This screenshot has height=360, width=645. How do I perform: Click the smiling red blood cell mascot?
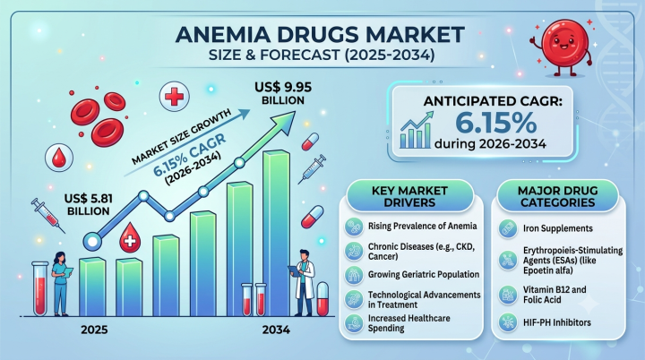pos(564,47)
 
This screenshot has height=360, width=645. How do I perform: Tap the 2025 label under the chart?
pos(94,330)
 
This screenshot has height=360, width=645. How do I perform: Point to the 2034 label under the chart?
pos(276,330)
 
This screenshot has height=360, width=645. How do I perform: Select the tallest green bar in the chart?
pos(277,233)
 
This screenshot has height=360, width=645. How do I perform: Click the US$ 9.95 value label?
pos(283,93)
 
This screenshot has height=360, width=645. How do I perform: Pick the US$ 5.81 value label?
pos(89,205)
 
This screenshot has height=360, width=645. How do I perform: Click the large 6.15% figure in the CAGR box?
pos(496,122)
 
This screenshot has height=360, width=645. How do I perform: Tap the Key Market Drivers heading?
pos(409,197)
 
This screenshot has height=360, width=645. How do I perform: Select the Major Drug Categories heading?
pos(558,197)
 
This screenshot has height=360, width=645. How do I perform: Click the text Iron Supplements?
pos(558,228)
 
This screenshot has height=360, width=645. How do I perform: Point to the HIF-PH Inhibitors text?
pos(557,322)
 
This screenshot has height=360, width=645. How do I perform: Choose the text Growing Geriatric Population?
pos(424,274)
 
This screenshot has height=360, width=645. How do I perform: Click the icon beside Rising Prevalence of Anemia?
pos(354,227)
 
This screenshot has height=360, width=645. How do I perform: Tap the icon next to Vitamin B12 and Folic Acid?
pos(508,295)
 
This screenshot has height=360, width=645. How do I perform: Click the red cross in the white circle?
pos(174,97)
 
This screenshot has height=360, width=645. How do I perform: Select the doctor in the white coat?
pos(304,283)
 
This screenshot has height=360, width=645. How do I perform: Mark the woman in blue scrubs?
pos(61,284)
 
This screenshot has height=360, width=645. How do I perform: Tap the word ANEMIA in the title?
pos(220,35)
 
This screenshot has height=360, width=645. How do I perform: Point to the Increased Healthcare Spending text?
pos(408,323)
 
